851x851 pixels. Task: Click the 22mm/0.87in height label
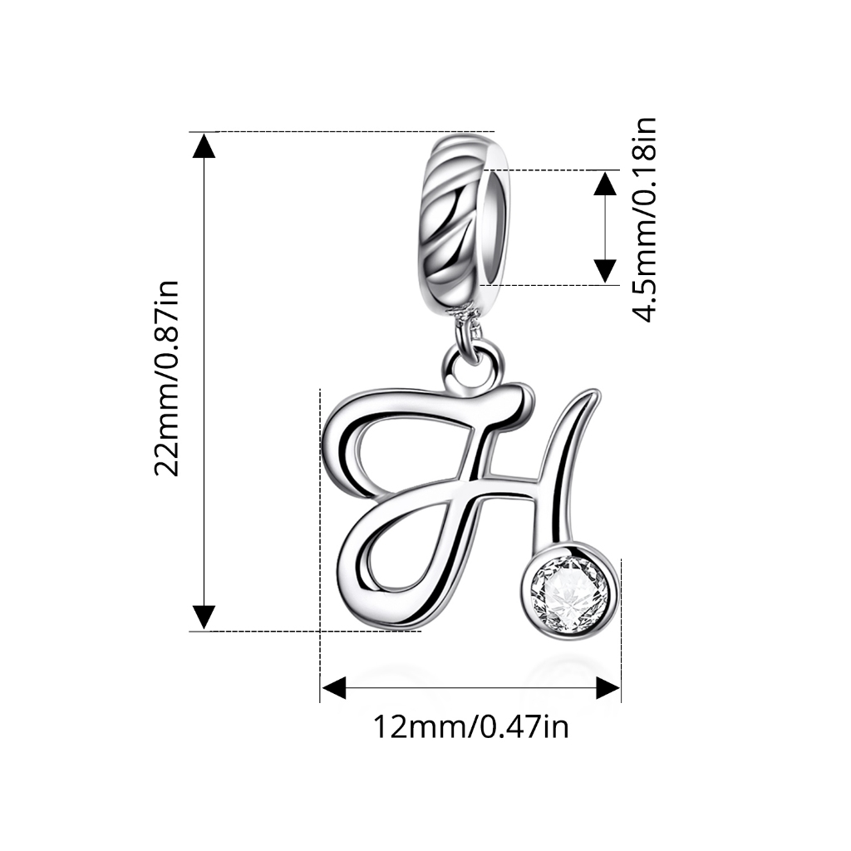tap(166, 379)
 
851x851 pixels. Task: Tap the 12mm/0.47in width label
tap(470, 726)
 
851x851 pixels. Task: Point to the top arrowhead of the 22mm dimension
tap(204, 145)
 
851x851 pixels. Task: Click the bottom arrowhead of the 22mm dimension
tap(204, 617)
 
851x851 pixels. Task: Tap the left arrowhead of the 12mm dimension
tap(334, 688)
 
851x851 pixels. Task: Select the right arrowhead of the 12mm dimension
tap(608, 688)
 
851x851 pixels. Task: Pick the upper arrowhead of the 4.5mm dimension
tap(605, 183)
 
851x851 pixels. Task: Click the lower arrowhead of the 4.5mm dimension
tap(605, 272)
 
